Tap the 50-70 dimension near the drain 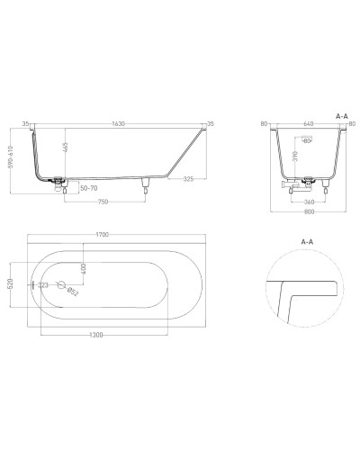(87, 189)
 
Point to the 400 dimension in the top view (82, 267)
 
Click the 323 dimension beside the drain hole (42, 284)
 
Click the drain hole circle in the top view (62, 284)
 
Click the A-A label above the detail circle (307, 243)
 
